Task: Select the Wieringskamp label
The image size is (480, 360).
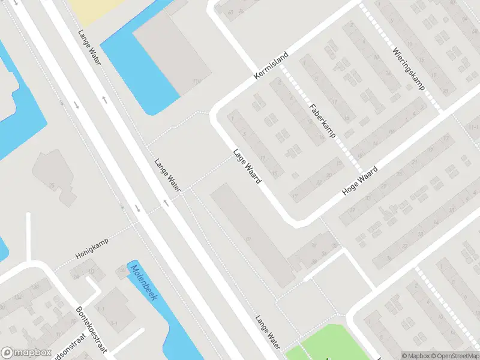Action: [x=409, y=68]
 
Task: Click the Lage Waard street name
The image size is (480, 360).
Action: [x=247, y=165]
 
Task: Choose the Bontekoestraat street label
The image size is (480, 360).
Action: [x=90, y=329]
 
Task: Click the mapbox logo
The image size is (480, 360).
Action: [x=25, y=353]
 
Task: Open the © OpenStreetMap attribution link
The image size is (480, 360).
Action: [x=454, y=355]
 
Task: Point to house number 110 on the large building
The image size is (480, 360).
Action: [x=196, y=82]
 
